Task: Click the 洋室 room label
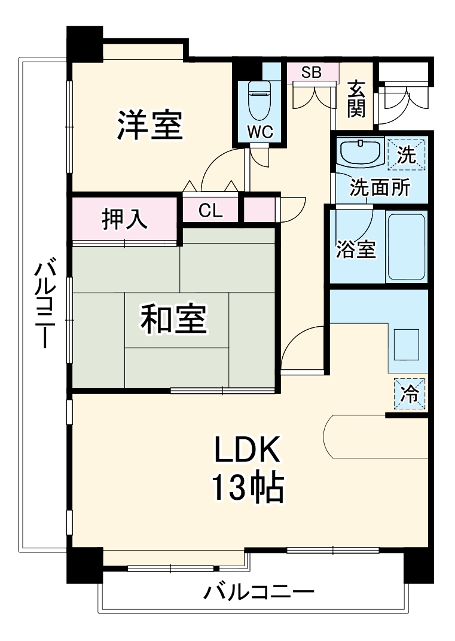click(149, 124)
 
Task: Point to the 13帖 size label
click(246, 488)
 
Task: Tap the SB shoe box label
click(311, 73)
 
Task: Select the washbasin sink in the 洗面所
click(360, 152)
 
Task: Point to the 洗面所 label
click(380, 188)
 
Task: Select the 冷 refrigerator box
click(410, 394)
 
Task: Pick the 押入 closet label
click(124, 220)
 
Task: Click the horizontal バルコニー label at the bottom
click(259, 593)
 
